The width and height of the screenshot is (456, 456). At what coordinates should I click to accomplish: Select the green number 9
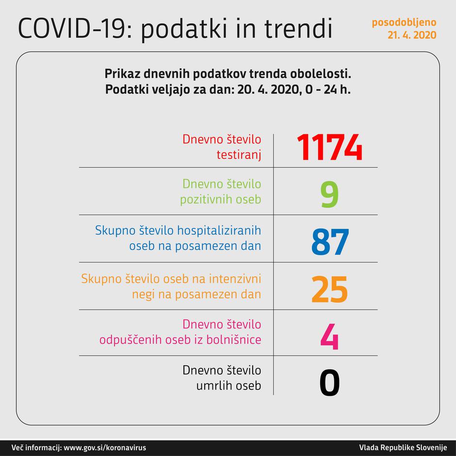click(x=329, y=194)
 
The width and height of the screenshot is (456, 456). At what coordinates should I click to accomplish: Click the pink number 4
click(x=329, y=335)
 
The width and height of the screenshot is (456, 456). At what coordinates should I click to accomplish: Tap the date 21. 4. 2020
click(x=411, y=35)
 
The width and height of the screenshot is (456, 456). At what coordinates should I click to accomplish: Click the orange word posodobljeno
click(x=404, y=22)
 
